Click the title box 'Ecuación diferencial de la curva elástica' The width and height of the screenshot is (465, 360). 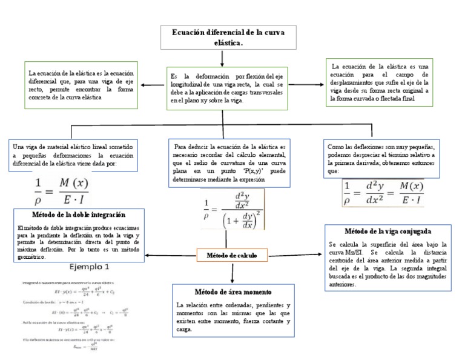pos(224,38)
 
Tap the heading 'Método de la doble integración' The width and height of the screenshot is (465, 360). pos(79,215)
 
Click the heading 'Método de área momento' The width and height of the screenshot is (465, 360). pos(232,292)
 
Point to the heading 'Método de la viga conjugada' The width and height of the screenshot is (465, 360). pos(387,231)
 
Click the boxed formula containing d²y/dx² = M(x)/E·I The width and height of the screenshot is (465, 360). pos(383,192)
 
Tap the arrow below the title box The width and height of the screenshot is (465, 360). pos(224,57)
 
